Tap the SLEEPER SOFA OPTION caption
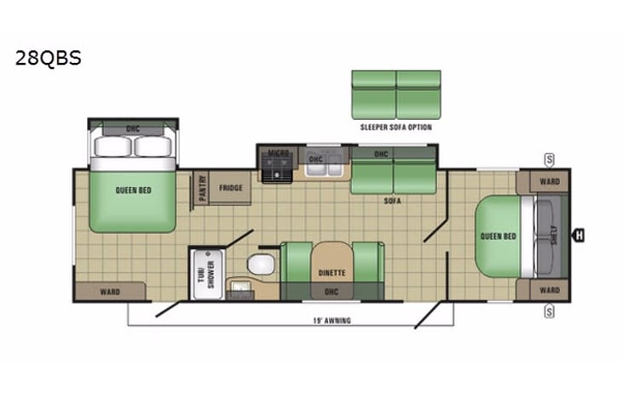pyautogui.click(x=395, y=127)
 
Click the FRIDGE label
pyautogui.click(x=230, y=187)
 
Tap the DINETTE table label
pyautogui.click(x=332, y=273)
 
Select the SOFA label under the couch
pyautogui.click(x=393, y=201)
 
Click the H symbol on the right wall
pyautogui.click(x=579, y=236)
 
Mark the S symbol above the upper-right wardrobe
pyautogui.click(x=550, y=159)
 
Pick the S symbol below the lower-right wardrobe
pyautogui.click(x=550, y=311)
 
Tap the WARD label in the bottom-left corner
pyautogui.click(x=109, y=292)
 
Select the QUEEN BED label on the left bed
pyautogui.click(x=134, y=191)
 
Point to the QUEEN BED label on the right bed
pyautogui.click(x=498, y=236)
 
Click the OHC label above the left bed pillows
pyautogui.click(x=134, y=128)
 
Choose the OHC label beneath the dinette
pyautogui.click(x=331, y=291)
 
